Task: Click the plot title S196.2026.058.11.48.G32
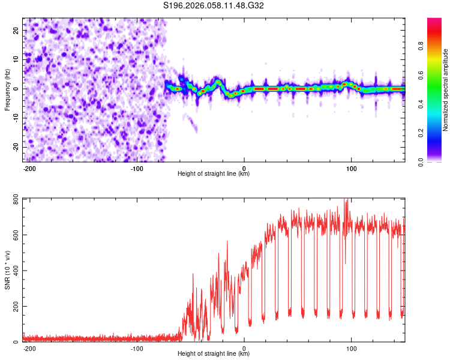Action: [214, 5]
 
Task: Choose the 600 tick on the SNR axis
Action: [13, 235]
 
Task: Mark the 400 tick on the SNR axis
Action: [13, 271]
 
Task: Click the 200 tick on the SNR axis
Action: [13, 307]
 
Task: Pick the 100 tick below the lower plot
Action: [352, 349]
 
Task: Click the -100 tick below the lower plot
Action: [137, 349]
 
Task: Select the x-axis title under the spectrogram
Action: [214, 174]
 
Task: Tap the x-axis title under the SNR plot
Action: [214, 354]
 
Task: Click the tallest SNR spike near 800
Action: [346, 200]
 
